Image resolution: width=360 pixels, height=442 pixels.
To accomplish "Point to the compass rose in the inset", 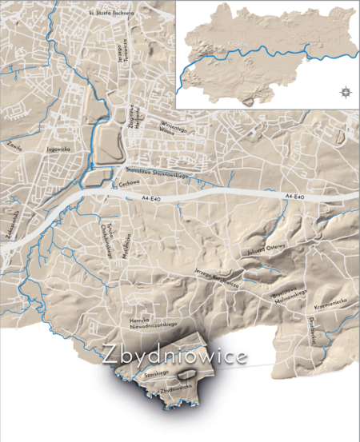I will pos(344,90).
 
